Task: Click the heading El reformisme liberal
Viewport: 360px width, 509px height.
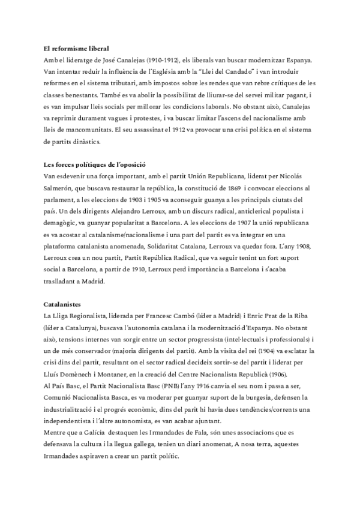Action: point(76,47)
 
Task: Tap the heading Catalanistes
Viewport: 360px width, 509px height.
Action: point(61,304)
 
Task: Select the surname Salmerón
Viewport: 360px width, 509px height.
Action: point(59,187)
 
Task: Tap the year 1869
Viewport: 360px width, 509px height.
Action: point(233,187)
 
